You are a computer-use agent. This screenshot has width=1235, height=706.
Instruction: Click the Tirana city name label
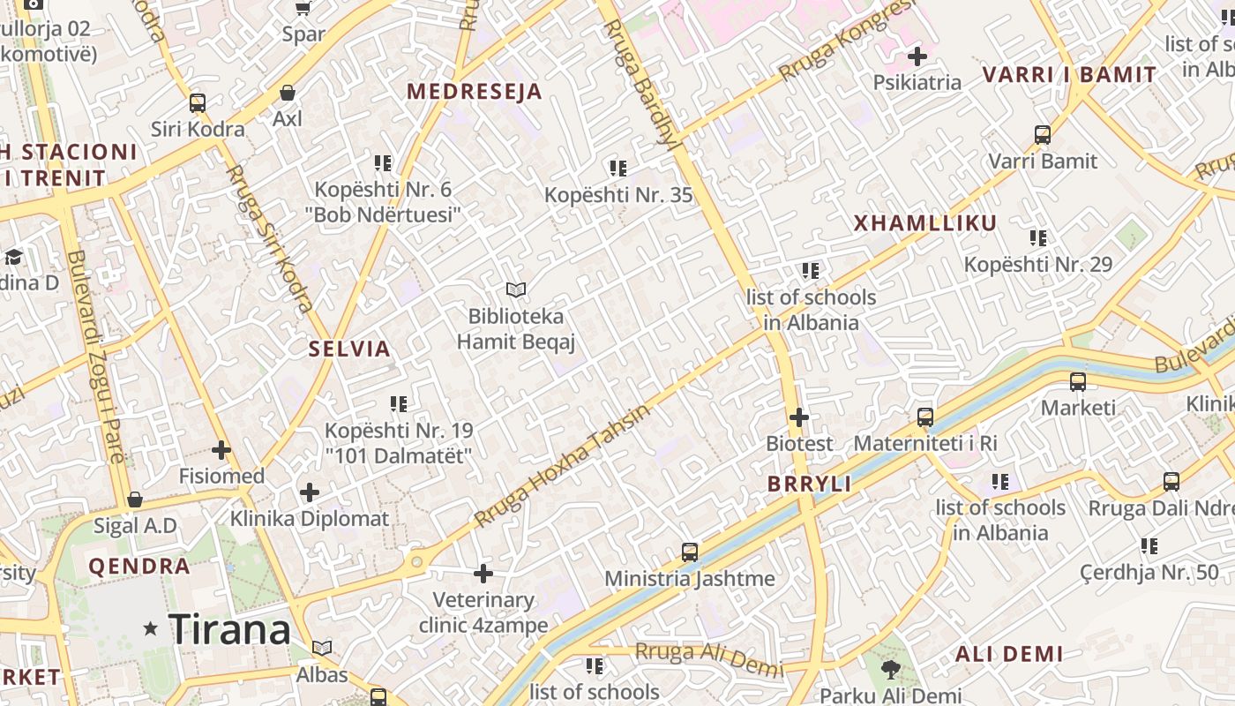[x=229, y=630]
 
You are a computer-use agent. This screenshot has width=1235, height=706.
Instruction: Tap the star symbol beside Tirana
[x=151, y=629]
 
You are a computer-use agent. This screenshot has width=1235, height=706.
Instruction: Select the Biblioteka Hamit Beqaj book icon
[x=516, y=289]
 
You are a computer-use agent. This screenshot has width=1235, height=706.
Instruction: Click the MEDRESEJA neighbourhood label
[x=474, y=92]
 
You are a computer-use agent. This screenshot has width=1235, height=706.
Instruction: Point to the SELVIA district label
[x=349, y=349]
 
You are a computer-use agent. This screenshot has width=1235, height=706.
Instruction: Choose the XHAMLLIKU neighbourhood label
[x=924, y=223]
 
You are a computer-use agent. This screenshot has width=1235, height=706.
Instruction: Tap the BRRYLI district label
[x=809, y=484]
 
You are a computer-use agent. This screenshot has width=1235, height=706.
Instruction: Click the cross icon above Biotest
[x=799, y=417]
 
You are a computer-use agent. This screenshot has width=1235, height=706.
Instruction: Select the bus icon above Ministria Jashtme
[x=690, y=552]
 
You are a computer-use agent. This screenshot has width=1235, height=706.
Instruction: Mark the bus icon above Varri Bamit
[x=1043, y=135]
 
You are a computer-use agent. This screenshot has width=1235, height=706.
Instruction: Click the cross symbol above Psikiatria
[x=917, y=56]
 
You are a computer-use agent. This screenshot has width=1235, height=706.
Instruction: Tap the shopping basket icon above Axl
[x=287, y=93]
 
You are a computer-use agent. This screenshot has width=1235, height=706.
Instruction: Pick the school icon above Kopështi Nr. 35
[x=618, y=168]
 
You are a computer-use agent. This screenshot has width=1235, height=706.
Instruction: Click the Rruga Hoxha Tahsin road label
[x=562, y=466]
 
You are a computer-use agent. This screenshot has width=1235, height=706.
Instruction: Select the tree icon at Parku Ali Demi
[x=891, y=670]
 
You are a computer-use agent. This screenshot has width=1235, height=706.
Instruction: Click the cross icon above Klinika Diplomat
[x=310, y=492]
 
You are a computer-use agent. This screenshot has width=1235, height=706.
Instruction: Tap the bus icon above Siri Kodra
[x=198, y=103]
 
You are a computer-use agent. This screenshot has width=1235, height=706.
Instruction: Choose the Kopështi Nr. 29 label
[x=1037, y=264]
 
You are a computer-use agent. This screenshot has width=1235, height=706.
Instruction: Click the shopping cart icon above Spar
[x=303, y=8]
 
